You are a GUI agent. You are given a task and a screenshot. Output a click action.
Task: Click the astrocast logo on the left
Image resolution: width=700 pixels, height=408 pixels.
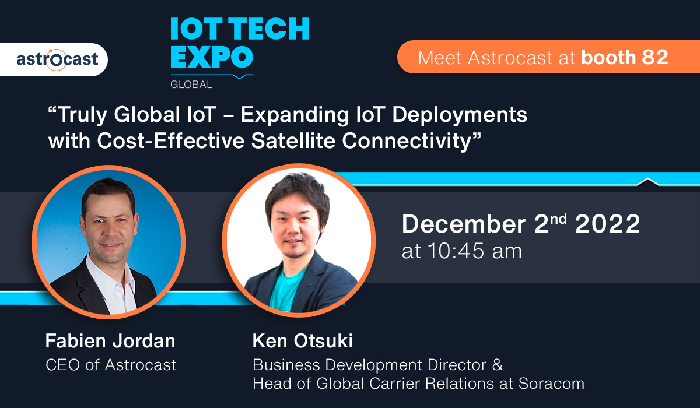point(57,59)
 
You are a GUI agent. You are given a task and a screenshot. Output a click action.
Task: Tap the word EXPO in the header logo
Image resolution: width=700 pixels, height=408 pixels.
point(212,58)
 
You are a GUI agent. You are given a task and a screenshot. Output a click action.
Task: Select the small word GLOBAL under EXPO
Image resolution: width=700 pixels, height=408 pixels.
point(191,85)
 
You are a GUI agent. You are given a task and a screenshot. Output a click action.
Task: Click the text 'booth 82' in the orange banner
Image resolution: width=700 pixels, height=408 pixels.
point(625,57)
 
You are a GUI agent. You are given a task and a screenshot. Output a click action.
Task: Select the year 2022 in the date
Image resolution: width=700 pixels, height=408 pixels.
point(608,224)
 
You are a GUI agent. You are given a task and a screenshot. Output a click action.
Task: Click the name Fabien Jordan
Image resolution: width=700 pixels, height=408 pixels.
point(110,341)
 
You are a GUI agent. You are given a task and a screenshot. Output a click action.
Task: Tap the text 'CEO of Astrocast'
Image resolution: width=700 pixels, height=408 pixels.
point(111,365)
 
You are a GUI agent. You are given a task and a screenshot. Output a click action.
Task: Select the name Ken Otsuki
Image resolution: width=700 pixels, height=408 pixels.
point(303,341)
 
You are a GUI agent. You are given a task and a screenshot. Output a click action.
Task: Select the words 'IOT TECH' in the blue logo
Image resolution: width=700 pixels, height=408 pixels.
point(240,29)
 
